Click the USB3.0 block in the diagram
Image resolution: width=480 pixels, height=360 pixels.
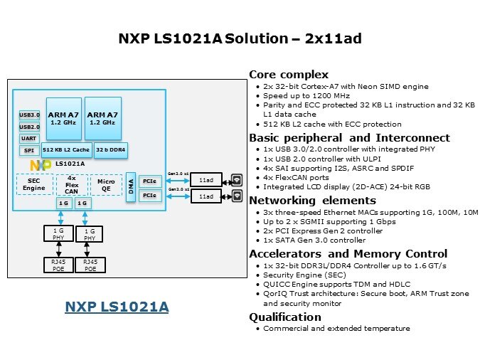tap(29, 115)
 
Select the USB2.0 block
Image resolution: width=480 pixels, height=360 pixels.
tap(29, 127)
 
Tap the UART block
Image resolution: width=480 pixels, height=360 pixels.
tap(29, 139)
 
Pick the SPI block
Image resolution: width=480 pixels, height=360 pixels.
tap(29, 151)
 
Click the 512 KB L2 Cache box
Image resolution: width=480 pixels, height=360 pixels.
tap(66, 150)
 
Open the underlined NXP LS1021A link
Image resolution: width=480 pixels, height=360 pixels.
tap(117, 307)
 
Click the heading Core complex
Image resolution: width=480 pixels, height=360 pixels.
tap(289, 75)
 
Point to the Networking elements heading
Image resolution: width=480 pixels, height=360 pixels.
tap(313, 201)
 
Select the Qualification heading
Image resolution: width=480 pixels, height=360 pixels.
tap(285, 317)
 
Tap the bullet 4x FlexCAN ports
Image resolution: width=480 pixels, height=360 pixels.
tap(296, 178)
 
